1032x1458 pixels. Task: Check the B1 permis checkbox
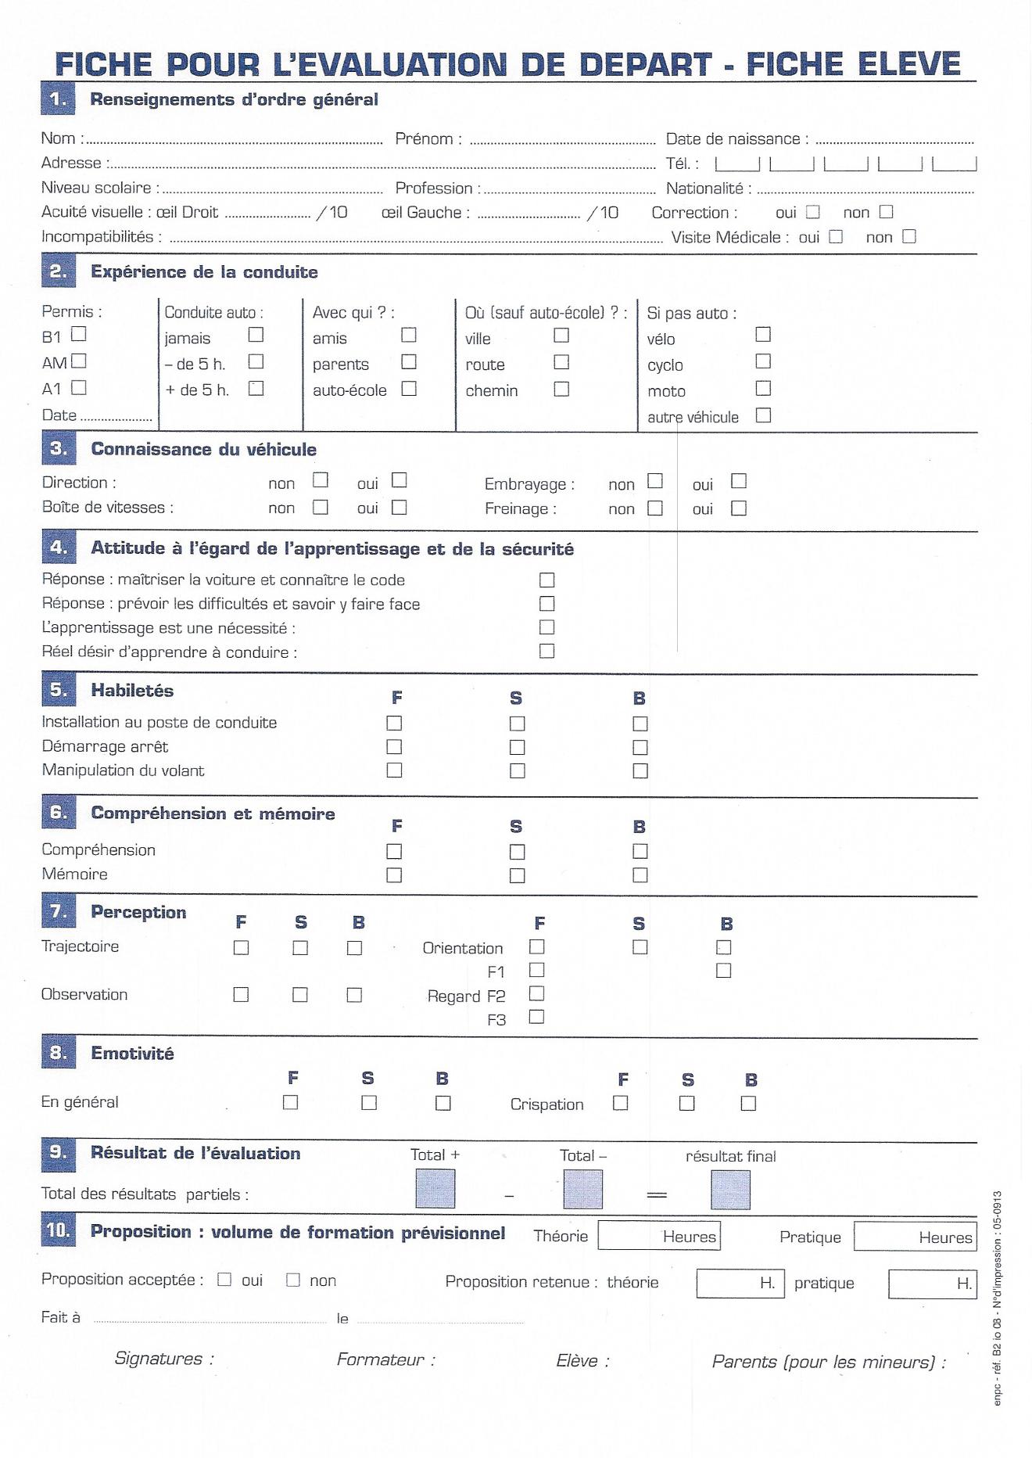point(78,335)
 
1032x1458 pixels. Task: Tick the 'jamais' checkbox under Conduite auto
point(256,335)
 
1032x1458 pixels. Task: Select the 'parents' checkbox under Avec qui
point(408,362)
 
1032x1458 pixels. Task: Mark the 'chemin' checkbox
point(561,389)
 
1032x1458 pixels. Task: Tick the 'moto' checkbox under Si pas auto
point(763,388)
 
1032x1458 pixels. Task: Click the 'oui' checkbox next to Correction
point(813,212)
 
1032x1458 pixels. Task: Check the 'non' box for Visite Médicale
point(908,236)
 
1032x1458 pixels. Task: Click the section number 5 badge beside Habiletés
point(59,690)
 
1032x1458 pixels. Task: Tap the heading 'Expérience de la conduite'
point(204,272)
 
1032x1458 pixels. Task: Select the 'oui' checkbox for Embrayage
point(738,481)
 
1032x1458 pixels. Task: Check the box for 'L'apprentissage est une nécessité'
point(546,627)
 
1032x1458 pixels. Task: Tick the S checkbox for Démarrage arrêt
point(517,747)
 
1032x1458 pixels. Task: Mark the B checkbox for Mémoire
point(640,874)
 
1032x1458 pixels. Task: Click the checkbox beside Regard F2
point(536,994)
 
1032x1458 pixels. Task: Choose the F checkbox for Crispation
point(620,1103)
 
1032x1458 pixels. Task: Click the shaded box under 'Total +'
point(435,1189)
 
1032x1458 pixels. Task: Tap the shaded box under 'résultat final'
point(730,1190)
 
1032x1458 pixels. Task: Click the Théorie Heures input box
point(658,1236)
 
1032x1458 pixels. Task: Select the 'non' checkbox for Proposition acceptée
point(293,1280)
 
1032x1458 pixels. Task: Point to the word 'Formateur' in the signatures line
point(381,1359)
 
